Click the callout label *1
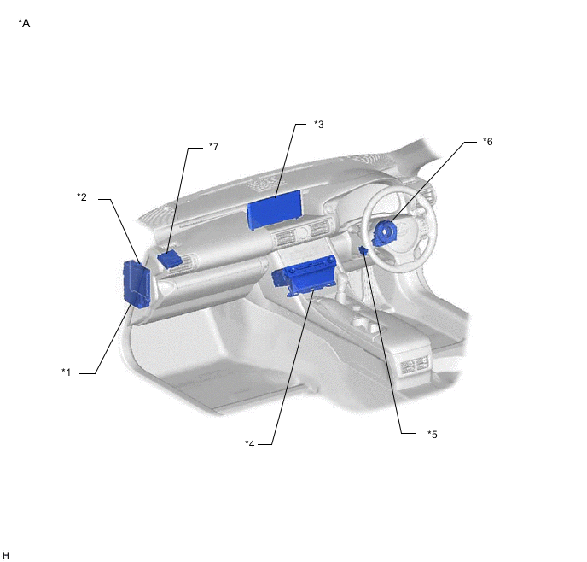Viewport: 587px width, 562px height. pos(66,372)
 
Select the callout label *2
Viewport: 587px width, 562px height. pos(82,197)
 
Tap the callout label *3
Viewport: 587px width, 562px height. pos(318,125)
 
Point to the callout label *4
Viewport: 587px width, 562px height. pos(249,443)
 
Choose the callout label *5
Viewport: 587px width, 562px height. pos(432,434)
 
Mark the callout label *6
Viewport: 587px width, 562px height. pos(487,142)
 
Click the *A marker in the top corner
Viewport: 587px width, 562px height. pos(24,23)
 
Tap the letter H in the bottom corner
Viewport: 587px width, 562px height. pos(6,554)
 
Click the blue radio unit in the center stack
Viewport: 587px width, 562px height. pos(304,276)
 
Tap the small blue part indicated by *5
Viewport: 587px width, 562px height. pos(364,249)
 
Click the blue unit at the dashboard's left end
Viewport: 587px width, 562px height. pos(136,283)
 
